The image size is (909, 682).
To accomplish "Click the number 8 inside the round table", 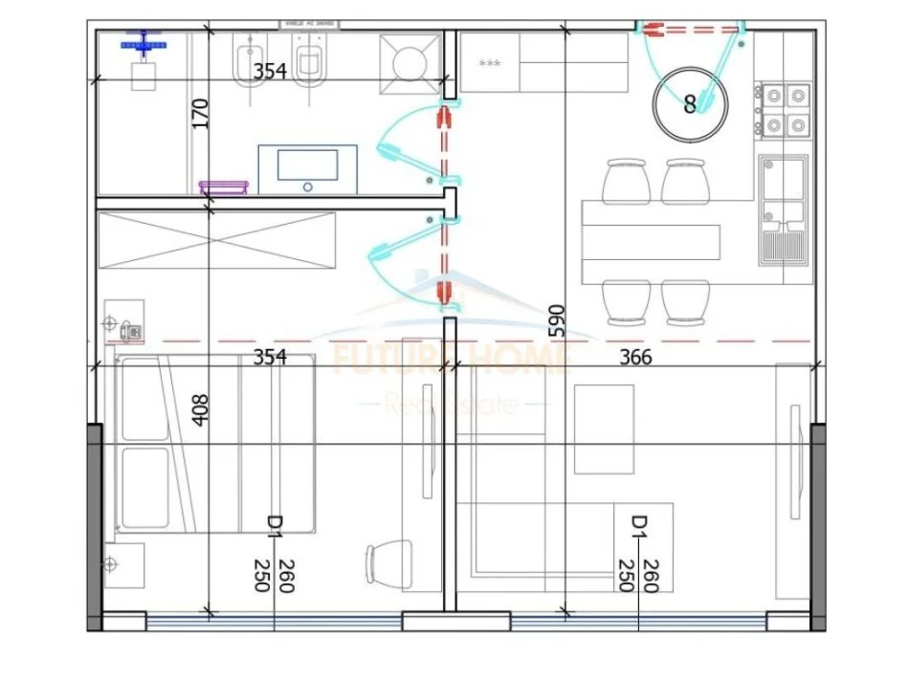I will [x=690, y=105].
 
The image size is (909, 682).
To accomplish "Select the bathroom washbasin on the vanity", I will [x=307, y=169].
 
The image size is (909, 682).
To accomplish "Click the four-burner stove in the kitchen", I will [x=785, y=110].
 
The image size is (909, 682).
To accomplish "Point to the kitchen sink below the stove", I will [x=784, y=209].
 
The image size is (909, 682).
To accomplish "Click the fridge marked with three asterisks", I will [x=489, y=63].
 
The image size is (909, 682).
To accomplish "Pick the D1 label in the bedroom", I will [x=274, y=524].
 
